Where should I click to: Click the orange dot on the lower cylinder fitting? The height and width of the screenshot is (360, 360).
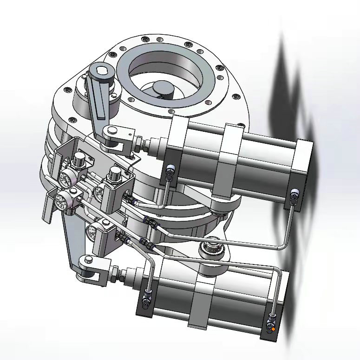pos(273,329)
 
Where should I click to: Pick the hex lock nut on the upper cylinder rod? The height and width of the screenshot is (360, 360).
pos(138,141)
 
